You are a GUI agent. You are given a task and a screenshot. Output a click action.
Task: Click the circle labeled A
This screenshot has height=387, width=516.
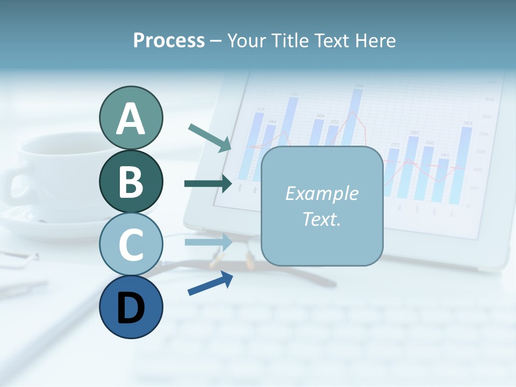click(x=131, y=118)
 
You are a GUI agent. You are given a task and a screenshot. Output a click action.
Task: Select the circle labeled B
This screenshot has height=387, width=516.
click(x=131, y=181)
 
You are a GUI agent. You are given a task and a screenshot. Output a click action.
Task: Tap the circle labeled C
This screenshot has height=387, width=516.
click(x=131, y=244)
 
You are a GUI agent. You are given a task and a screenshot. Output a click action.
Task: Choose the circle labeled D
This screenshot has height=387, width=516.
click(x=131, y=307)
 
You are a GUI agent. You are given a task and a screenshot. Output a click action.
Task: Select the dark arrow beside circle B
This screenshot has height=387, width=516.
click(x=208, y=184)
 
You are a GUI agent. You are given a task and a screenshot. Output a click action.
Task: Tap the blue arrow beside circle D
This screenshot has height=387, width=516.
click(x=210, y=283)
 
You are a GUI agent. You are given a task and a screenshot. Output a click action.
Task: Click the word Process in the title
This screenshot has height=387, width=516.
click(x=169, y=40)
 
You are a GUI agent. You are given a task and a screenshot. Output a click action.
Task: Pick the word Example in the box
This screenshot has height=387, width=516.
click(x=321, y=193)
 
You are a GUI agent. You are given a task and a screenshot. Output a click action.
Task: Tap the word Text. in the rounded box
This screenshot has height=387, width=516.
click(x=321, y=219)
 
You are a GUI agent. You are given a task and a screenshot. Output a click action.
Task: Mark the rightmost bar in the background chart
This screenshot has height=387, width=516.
click(x=466, y=164)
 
